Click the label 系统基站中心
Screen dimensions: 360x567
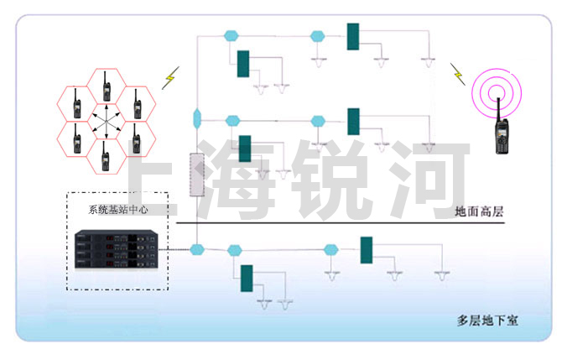117,210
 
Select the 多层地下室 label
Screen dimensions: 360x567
487,320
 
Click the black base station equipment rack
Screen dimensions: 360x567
114,248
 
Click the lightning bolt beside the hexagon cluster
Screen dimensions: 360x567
170,77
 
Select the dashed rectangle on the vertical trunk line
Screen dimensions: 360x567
197,175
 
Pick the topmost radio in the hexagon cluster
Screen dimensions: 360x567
107,86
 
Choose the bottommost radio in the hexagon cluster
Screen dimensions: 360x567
107,156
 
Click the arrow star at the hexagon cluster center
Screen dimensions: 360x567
107,122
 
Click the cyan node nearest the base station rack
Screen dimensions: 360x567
197,249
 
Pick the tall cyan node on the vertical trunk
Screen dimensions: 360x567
196,117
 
